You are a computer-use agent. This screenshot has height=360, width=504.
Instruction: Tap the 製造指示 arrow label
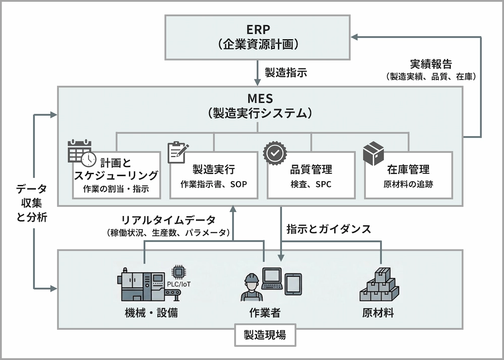(286, 71)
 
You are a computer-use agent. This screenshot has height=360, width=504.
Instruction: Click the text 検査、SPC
(311, 184)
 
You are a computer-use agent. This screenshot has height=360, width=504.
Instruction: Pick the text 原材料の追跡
(408, 184)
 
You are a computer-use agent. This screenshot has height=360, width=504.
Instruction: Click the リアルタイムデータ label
(168, 220)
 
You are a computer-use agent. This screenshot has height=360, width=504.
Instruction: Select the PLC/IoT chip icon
(178, 272)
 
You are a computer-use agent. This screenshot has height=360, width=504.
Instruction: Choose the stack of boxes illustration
(379, 284)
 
